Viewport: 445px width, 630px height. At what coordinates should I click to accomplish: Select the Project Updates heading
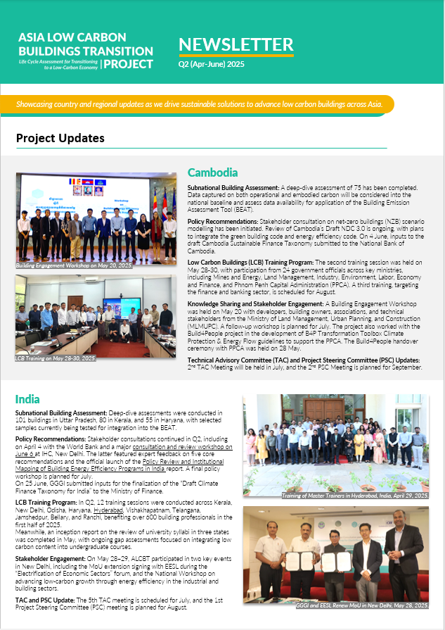tap(60, 138)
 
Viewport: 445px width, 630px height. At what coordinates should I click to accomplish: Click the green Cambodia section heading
tap(212, 172)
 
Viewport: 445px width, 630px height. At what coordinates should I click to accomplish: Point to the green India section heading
tap(27, 399)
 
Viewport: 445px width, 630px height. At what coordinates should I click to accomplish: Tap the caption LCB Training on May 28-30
tap(56, 358)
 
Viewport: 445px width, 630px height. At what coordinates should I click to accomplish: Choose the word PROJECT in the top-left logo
tap(130, 64)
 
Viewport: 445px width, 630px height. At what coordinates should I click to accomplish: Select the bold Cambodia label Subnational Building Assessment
tap(233, 187)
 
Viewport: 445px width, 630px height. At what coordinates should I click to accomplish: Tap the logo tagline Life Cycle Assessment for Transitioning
tap(59, 61)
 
